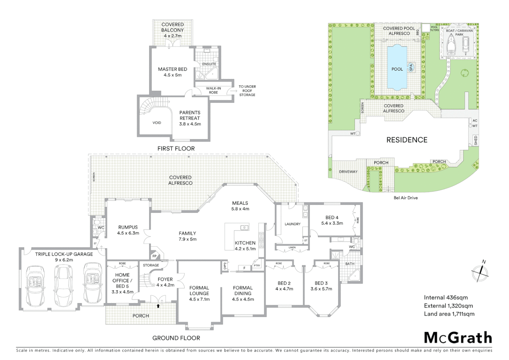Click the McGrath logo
458,338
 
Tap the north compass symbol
480,272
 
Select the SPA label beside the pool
411,67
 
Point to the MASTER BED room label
172,69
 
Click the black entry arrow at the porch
158,305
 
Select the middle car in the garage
62,285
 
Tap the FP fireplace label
154,256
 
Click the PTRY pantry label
257,266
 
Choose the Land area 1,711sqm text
449,314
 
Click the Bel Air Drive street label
405,198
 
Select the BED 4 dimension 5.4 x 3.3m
332,223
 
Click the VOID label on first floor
157,123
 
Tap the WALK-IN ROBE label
213,90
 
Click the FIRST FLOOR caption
176,148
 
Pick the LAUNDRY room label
292,224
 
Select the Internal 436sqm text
446,297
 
